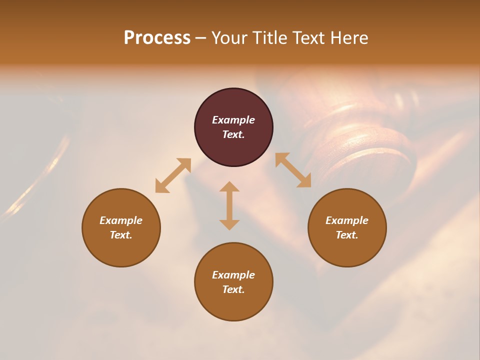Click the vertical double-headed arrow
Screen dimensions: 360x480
tap(229, 205)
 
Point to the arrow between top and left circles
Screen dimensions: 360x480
tap(173, 175)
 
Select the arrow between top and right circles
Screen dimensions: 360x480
tap(293, 170)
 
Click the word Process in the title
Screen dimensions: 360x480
tap(157, 37)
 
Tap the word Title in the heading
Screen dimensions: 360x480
tap(270, 37)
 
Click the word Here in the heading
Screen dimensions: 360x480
tap(349, 37)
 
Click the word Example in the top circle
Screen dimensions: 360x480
tap(233, 120)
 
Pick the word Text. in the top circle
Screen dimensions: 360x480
tap(233, 134)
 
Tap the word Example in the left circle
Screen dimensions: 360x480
tap(121, 220)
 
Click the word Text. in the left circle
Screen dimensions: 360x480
tap(121, 235)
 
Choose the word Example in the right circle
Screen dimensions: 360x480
tap(347, 220)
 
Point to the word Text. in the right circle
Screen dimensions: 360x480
tap(347, 235)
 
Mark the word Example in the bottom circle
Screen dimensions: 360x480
tap(233, 275)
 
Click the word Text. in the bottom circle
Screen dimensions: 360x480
tap(233, 289)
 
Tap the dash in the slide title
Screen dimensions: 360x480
tap(200, 38)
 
